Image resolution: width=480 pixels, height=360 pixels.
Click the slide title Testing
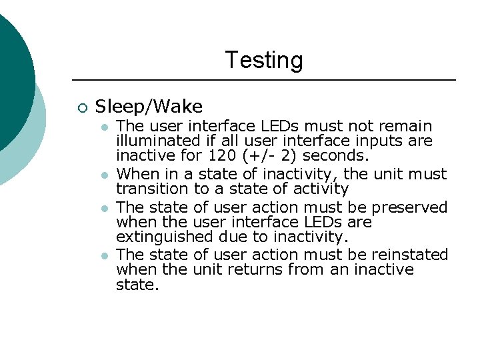pos(263,60)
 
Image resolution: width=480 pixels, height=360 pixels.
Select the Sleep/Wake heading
pos(149,106)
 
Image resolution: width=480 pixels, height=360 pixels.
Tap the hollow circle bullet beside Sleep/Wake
pos(81,107)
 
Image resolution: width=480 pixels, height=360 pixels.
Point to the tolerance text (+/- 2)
pos(253,155)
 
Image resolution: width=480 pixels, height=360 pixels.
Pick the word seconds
pos(327,155)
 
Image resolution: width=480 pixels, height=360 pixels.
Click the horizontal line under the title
pos(263,80)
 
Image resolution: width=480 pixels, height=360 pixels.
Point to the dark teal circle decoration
pos(10,73)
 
